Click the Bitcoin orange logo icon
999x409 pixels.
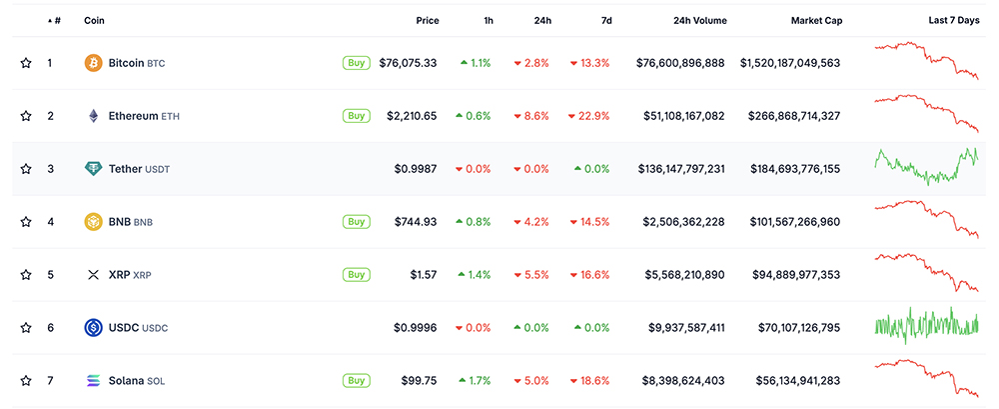point(93,63)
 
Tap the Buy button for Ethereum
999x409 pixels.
point(356,116)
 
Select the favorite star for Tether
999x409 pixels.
point(26,169)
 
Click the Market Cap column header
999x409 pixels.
point(815,20)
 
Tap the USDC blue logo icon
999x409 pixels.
point(93,327)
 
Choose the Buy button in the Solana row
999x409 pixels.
point(356,380)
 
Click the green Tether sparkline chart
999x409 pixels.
point(926,166)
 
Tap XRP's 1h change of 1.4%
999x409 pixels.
point(475,275)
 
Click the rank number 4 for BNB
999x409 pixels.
point(51,222)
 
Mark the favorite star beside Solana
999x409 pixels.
point(26,381)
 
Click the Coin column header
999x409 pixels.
point(95,20)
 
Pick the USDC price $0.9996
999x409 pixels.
point(415,328)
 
